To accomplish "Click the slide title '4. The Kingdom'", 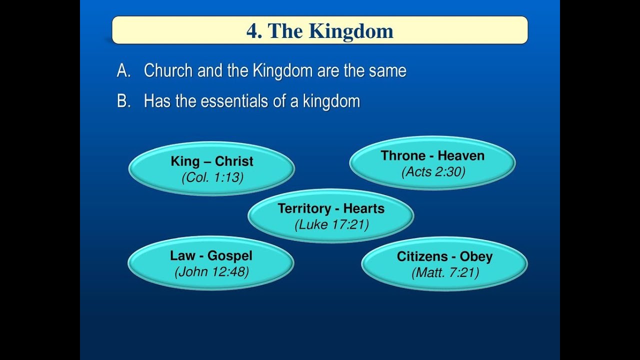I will click(x=319, y=31).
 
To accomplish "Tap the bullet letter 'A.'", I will click(x=123, y=71).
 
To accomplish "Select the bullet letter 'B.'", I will click(x=123, y=101).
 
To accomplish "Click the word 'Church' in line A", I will click(x=168, y=71).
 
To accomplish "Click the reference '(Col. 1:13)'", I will click(x=212, y=177).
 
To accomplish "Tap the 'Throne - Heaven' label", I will click(x=432, y=155).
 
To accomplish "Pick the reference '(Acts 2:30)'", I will click(x=433, y=172).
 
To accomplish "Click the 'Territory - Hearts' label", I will click(x=331, y=208).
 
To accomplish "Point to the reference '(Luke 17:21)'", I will click(x=331, y=225).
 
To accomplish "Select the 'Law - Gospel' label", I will click(x=211, y=255).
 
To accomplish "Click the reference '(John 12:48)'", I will click(x=211, y=272).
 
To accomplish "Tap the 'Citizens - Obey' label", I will click(x=444, y=256).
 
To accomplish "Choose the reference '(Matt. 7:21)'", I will click(x=444, y=273).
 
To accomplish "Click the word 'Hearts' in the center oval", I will click(x=363, y=208).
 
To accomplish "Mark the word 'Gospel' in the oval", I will click(x=229, y=255).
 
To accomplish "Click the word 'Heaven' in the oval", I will click(x=461, y=155).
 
